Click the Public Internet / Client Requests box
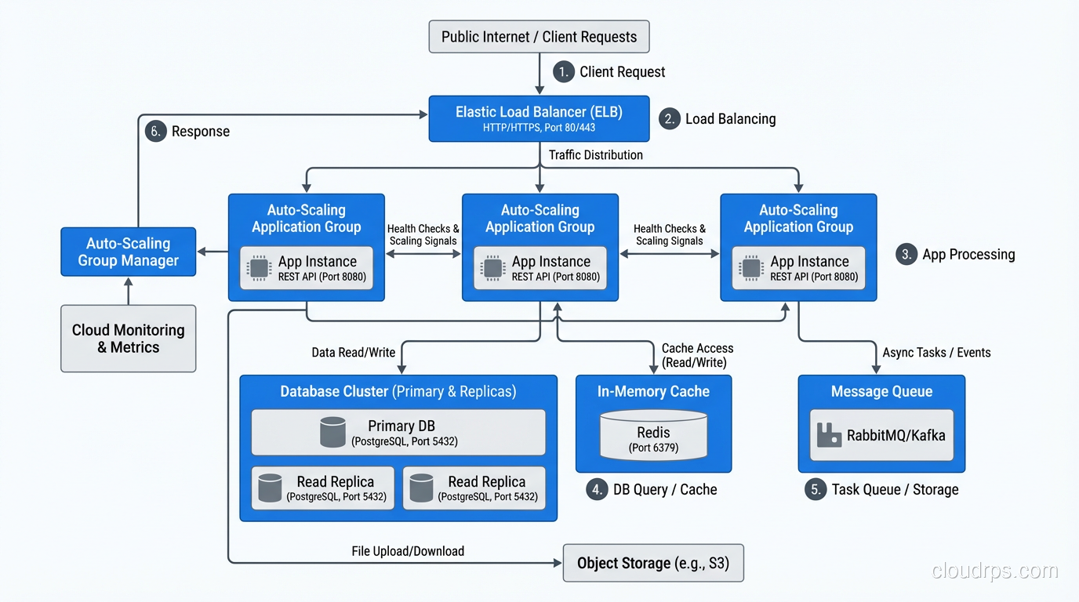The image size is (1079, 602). point(539,37)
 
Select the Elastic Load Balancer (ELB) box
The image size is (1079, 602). point(539,118)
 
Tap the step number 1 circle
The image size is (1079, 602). point(564,72)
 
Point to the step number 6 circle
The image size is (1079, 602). point(156,131)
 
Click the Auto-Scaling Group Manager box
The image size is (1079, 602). point(129,252)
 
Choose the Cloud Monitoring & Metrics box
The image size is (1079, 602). point(129,339)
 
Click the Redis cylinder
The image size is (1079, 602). point(653,437)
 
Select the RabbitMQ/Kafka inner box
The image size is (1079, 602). point(881,435)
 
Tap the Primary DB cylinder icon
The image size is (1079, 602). point(333,432)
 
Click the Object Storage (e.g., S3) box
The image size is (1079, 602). point(653,563)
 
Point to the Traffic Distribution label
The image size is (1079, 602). point(595,155)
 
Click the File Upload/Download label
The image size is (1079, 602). point(408,551)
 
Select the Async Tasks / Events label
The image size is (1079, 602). point(936,353)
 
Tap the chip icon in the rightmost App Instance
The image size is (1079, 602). point(751,268)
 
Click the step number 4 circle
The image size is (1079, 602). point(598,490)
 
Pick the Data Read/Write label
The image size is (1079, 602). point(353,353)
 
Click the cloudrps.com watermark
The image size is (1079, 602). point(994,571)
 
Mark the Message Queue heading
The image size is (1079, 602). point(881,391)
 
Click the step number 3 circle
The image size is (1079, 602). point(906,254)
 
